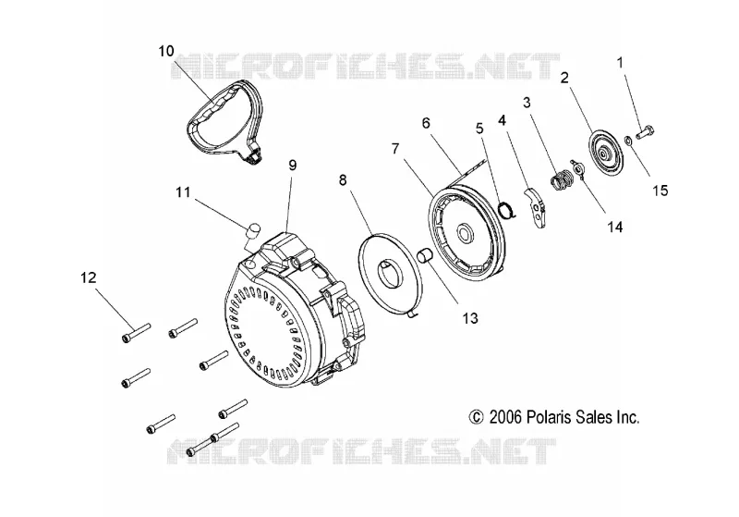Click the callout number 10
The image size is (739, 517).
pyautogui.click(x=166, y=51)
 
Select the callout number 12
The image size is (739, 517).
pyautogui.click(x=88, y=277)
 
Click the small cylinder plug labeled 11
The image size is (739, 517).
pyautogui.click(x=253, y=229)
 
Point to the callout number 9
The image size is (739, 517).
pyautogui.click(x=293, y=166)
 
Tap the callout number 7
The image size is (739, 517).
pyautogui.click(x=395, y=149)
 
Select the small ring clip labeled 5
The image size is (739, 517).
pyautogui.click(x=507, y=208)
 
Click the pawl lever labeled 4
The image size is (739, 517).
pyautogui.click(x=536, y=207)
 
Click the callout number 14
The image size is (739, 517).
pyautogui.click(x=614, y=228)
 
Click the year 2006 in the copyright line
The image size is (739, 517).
pyautogui.click(x=505, y=417)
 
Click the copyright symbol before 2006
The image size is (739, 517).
pyautogui.click(x=476, y=417)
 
